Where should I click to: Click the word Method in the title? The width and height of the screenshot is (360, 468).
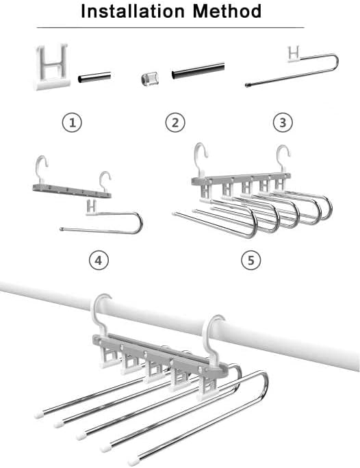point(227,12)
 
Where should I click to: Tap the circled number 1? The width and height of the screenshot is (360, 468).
point(73,122)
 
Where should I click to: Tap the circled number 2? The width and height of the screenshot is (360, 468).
point(175,122)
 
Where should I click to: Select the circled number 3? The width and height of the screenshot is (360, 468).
point(283,122)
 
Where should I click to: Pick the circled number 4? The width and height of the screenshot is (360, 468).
point(99,260)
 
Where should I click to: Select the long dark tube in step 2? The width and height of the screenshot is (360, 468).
point(198,70)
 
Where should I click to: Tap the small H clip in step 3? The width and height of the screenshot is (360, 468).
point(295,53)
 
